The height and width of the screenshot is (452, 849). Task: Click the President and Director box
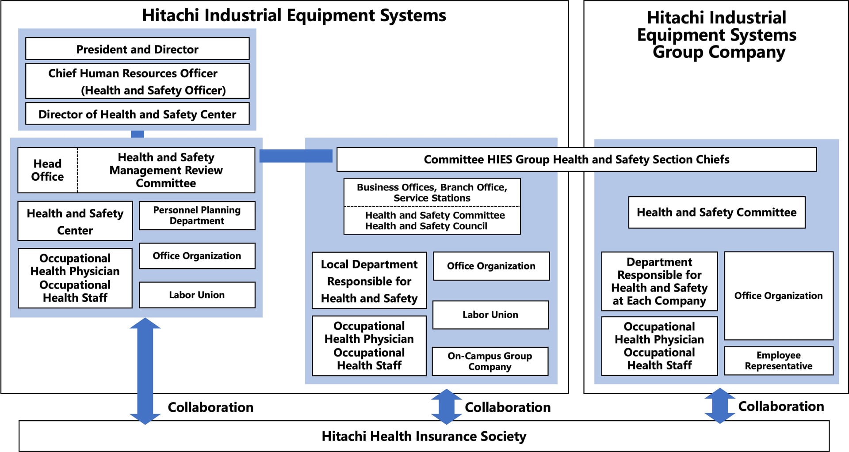click(137, 49)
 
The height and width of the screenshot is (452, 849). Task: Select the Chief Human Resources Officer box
click(137, 81)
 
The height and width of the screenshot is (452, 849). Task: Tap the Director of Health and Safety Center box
click(137, 114)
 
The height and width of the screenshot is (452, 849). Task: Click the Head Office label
click(47, 170)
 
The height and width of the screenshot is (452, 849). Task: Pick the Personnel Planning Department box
click(197, 216)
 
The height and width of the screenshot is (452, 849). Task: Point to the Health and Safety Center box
click(75, 221)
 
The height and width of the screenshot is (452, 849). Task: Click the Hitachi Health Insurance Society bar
click(424, 436)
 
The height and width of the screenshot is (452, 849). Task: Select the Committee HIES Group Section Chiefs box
click(576, 160)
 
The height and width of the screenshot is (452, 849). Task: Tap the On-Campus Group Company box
click(490, 361)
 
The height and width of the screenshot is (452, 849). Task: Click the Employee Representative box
click(778, 361)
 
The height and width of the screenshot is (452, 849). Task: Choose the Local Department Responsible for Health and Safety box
click(369, 281)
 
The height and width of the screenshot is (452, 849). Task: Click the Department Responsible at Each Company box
click(659, 281)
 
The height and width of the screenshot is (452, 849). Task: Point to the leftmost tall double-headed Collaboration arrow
click(145, 371)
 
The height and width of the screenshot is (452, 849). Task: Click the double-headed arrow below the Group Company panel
click(719, 406)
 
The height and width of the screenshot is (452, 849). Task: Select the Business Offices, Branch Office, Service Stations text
click(432, 193)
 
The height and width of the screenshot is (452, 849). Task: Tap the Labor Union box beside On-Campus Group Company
click(490, 315)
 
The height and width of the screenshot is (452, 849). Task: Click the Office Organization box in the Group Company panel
click(778, 296)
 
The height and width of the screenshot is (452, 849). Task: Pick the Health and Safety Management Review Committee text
click(166, 170)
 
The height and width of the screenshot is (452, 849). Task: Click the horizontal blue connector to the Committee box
click(296, 156)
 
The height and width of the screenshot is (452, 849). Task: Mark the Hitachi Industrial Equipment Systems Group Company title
click(716, 35)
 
